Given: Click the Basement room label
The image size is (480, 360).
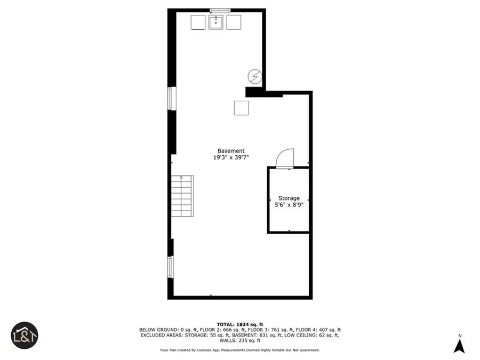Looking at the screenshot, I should coord(231,151).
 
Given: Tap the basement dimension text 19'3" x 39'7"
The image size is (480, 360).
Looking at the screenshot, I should coord(231,158).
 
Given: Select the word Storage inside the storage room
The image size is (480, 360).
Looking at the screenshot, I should coord(289,198).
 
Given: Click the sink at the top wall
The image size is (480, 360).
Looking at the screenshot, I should coord(216,22).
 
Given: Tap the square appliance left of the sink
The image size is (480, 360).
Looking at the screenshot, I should coord(198,22).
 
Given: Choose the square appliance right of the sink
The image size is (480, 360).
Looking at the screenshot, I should coord(234,22).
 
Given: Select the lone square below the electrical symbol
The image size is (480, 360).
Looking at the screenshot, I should coord(241,108).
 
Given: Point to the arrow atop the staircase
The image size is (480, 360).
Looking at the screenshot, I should coord(181,178).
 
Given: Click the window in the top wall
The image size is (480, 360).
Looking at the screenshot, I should coord(220,10).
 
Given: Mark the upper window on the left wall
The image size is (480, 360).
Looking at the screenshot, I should coord(171,99).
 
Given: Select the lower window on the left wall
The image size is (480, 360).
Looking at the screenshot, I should coord(171,267).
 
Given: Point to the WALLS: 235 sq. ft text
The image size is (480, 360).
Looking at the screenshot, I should coord(239,340).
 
